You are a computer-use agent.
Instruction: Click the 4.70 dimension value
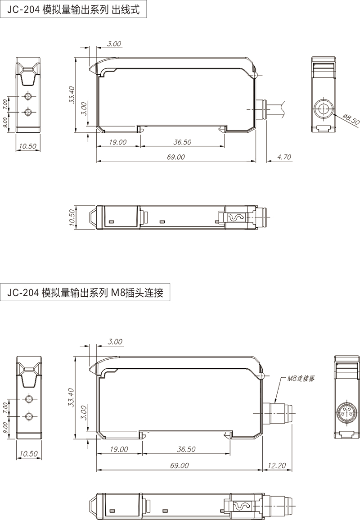(x=284, y=157)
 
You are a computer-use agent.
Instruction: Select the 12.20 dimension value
(x=276, y=466)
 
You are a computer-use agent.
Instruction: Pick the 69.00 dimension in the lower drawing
(x=180, y=466)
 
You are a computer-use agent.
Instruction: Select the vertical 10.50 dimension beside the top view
(x=70, y=218)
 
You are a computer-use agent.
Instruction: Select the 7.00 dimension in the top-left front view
(x=5, y=104)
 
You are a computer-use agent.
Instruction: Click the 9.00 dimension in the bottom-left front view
(x=5, y=426)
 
